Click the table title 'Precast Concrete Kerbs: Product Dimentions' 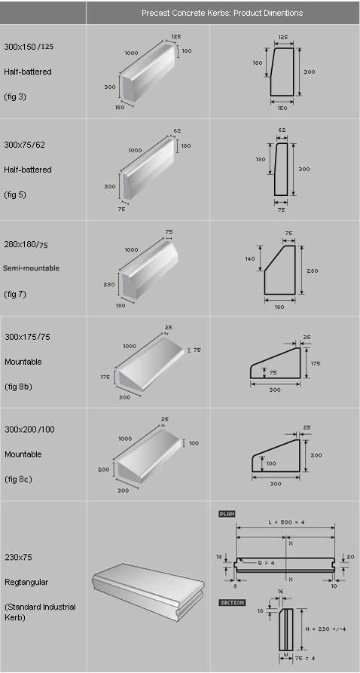pyautogui.click(x=222, y=13)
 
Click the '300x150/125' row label pyautogui.click(x=29, y=47)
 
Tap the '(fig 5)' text pyautogui.click(x=15, y=195)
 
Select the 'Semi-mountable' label pyautogui.click(x=32, y=268)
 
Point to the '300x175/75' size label pyautogui.click(x=27, y=337)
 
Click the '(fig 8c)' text pyautogui.click(x=18, y=479)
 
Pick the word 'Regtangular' pyautogui.click(x=26, y=583)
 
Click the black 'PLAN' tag pyautogui.click(x=227, y=514)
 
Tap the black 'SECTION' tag pyautogui.click(x=232, y=603)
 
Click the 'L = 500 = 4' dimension pyautogui.click(x=285, y=522)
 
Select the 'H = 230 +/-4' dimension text pyautogui.click(x=325, y=629)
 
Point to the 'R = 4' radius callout pyautogui.click(x=266, y=563)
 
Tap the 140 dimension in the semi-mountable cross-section pyautogui.click(x=251, y=258)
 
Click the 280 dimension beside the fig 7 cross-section pyautogui.click(x=313, y=271)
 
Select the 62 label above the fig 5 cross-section pyautogui.click(x=282, y=130)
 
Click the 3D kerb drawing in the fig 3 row pyautogui.click(x=148, y=73)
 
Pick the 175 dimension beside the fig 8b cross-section pyautogui.click(x=316, y=363)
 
